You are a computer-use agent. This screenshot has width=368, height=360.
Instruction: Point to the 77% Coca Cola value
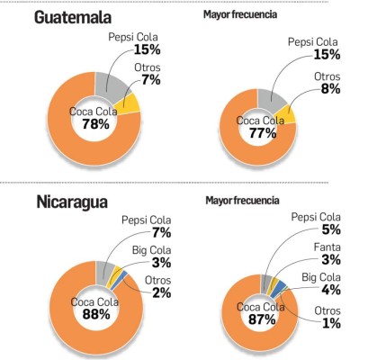258,131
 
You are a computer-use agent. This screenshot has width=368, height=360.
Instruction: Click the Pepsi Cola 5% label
317,225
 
